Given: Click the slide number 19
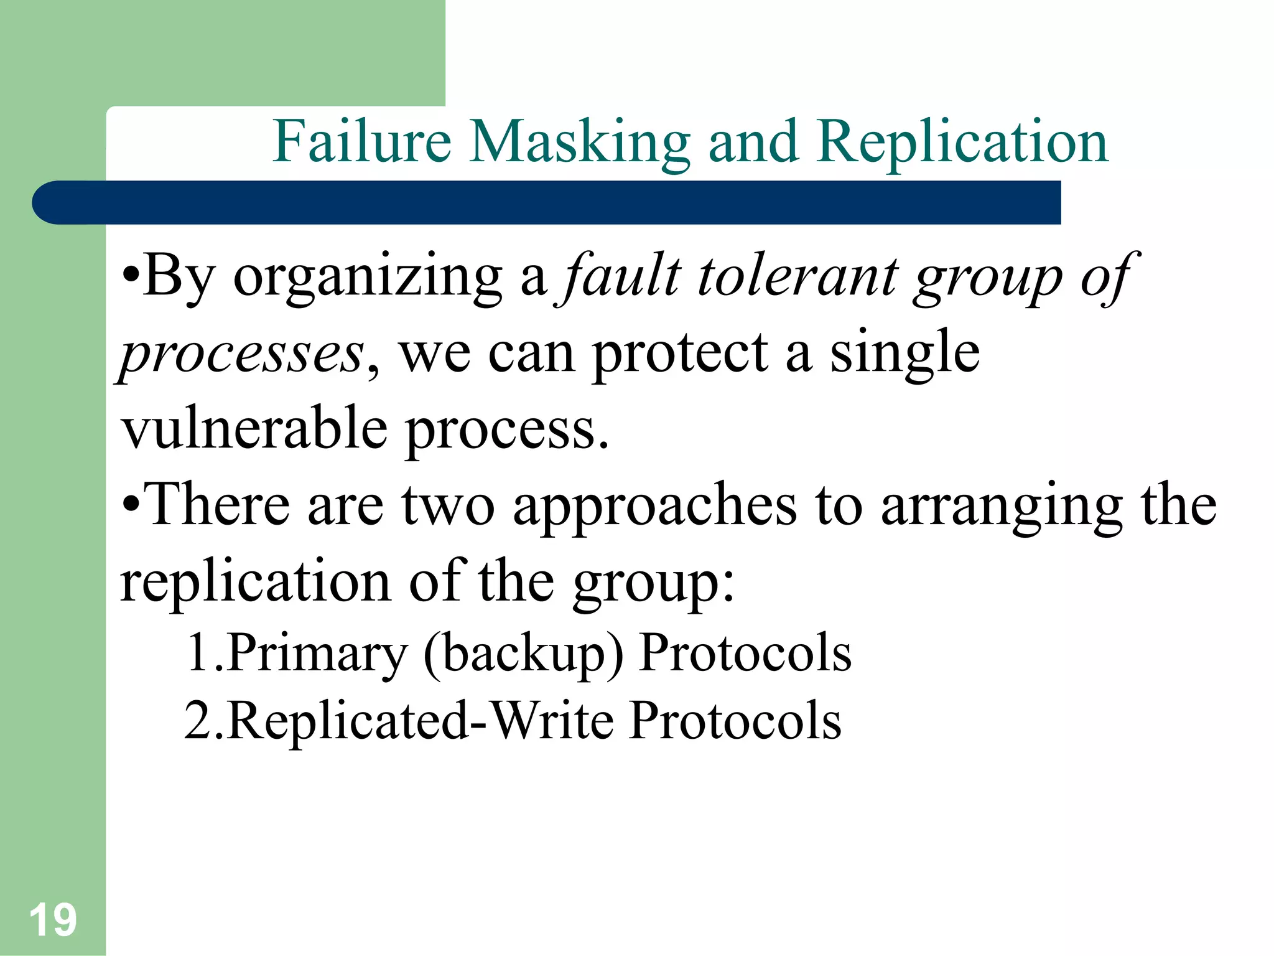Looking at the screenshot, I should [53, 920].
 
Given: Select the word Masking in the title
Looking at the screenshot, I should [579, 143].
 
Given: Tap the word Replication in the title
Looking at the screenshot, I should [963, 143].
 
